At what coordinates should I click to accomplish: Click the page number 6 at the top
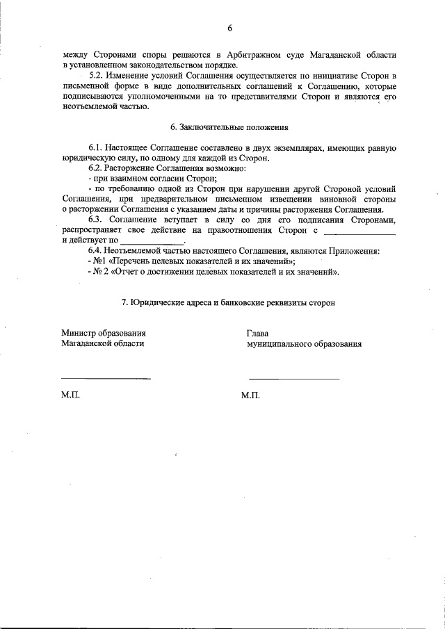coord(228,28)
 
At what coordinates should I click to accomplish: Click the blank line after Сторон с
coord(360,231)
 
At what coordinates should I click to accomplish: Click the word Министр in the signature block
coord(79,333)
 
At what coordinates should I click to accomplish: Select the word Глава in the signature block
coord(257,333)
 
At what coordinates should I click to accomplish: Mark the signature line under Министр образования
coord(106,378)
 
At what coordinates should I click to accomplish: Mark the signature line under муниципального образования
coord(294,378)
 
